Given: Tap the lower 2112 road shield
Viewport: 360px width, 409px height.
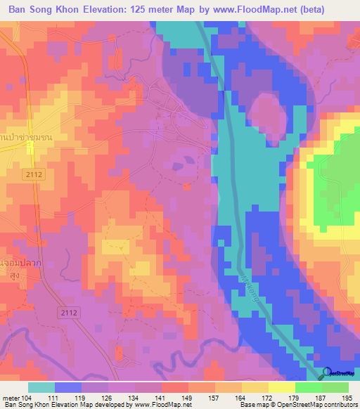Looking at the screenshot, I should (69, 311).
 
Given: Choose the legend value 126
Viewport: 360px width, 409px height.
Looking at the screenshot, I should (108, 397).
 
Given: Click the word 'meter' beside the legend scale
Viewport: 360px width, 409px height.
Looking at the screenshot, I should (10, 397).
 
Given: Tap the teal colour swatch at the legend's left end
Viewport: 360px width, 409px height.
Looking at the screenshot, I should (41, 387).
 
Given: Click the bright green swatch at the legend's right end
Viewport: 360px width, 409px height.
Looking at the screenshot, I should (335, 387).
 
